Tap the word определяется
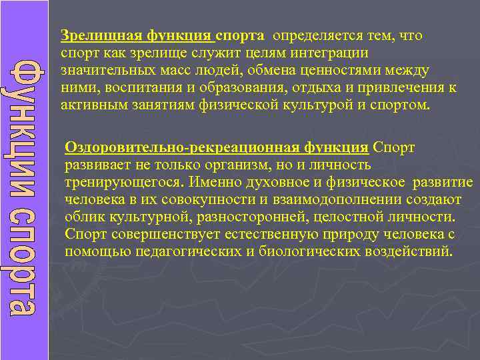click(317, 35)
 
